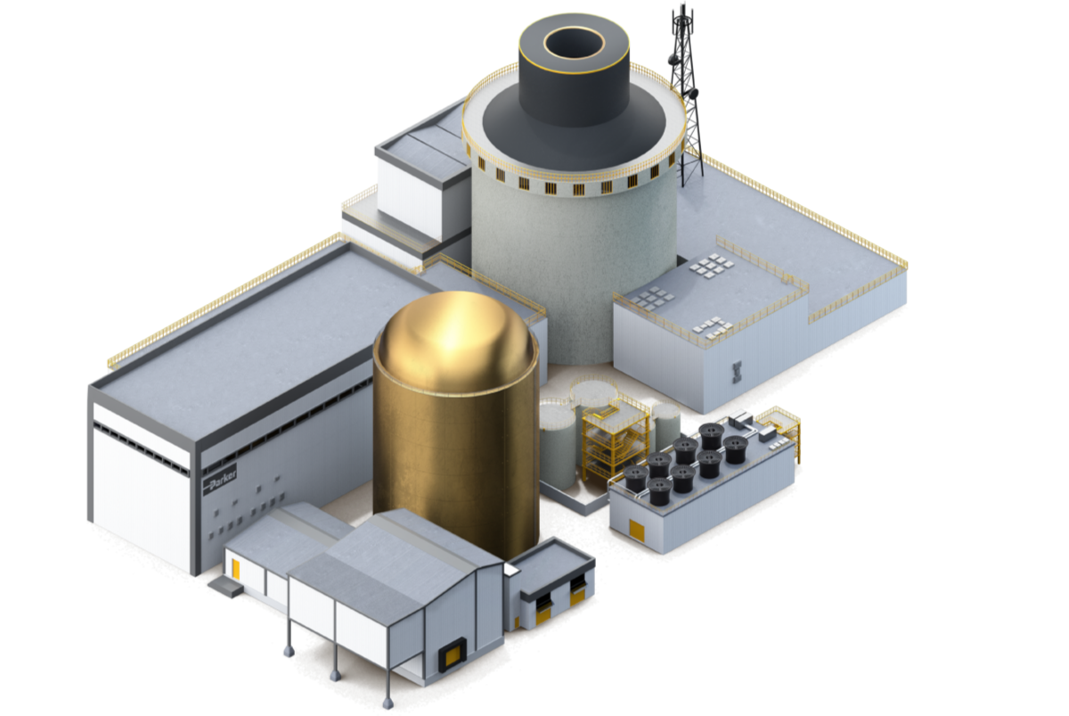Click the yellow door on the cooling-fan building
[637, 531]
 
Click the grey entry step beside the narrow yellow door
[225, 586]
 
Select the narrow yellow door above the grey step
[236, 569]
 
